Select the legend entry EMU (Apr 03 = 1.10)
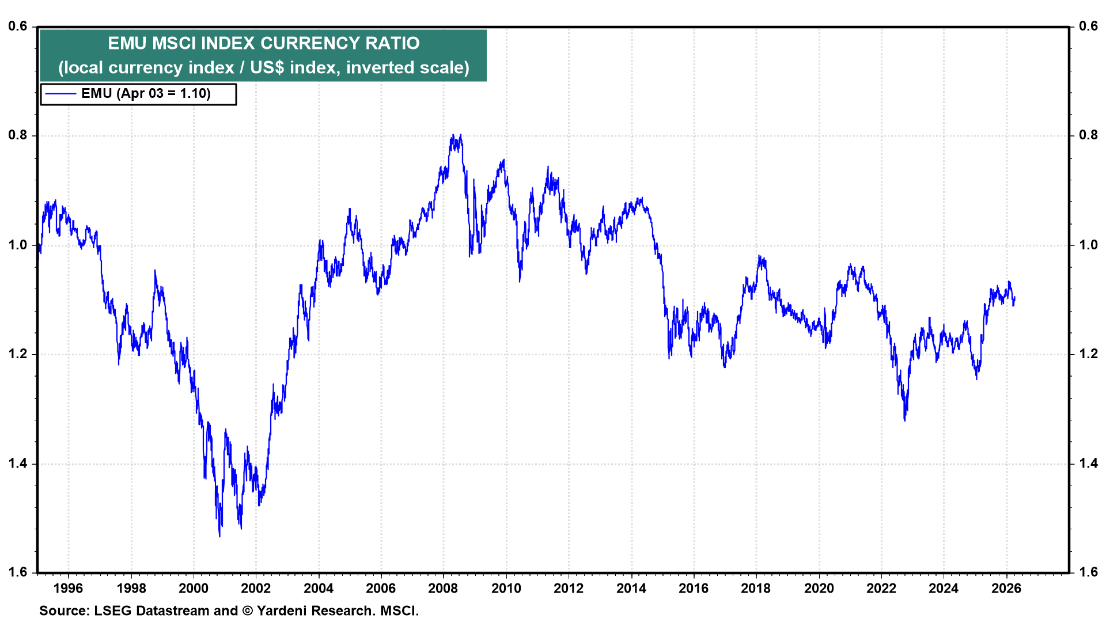click(146, 94)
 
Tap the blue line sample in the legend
click(60, 94)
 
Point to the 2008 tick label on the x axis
click(443, 588)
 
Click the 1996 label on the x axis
click(68, 588)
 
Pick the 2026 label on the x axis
click(1006, 588)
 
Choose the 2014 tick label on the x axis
click(631, 588)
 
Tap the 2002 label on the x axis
click(256, 588)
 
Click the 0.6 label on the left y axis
click(18, 26)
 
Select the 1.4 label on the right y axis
click(1088, 463)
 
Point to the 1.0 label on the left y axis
click(18, 245)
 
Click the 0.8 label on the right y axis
click(1088, 135)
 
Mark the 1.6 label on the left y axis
click(18, 572)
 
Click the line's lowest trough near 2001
click(219, 536)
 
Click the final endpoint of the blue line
click(1014, 298)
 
